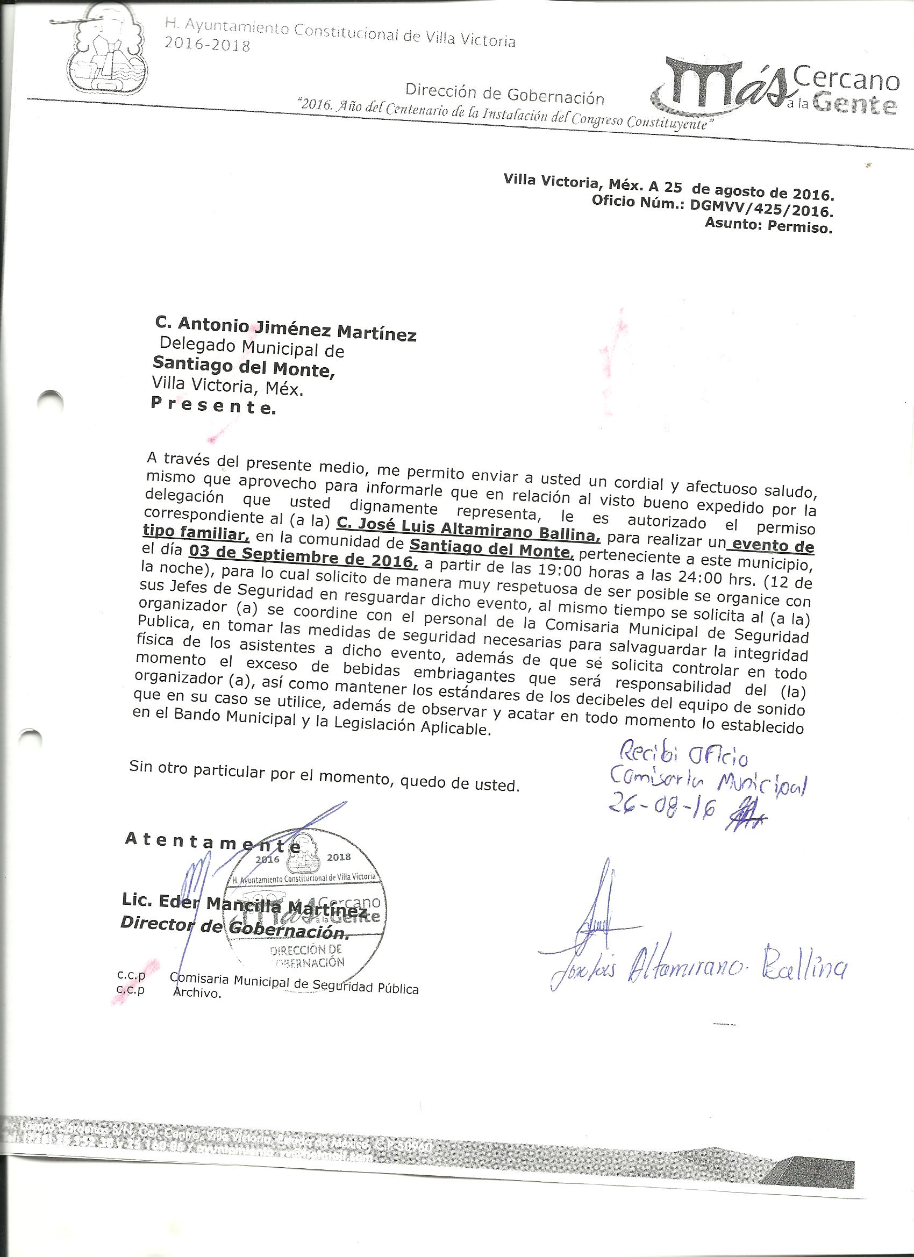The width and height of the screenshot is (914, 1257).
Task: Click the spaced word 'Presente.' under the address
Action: pyautogui.click(x=212, y=408)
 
